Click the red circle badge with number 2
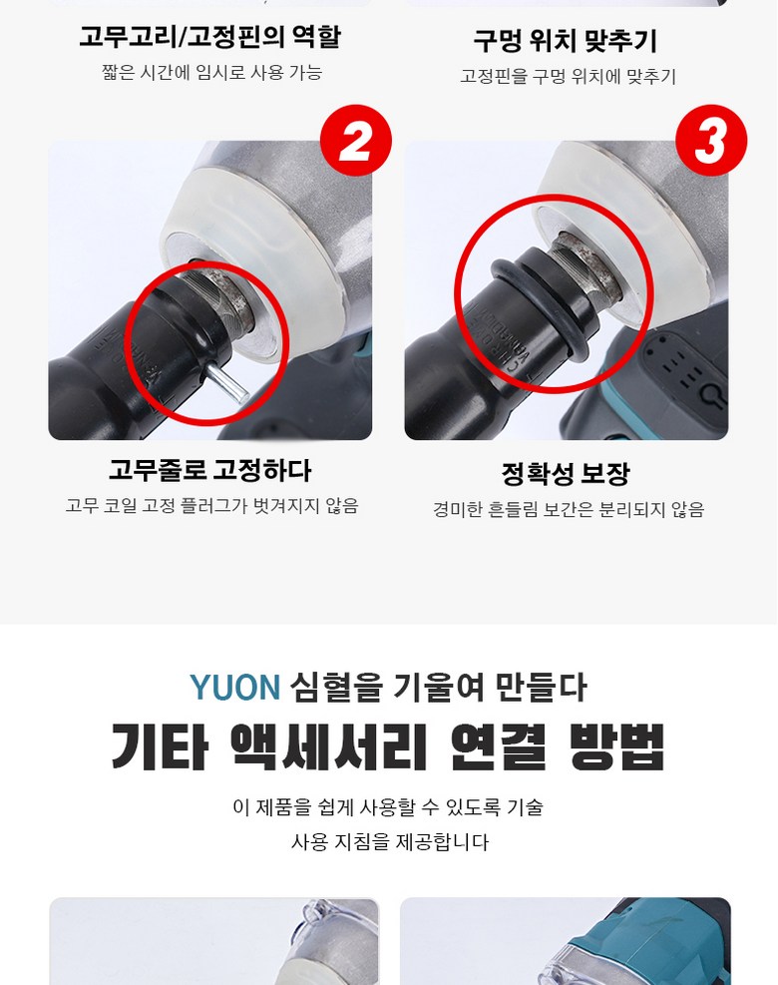tap(356, 141)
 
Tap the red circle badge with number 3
tap(711, 141)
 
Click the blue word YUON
tap(234, 688)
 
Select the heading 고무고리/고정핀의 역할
tap(209, 37)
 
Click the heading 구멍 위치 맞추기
tap(566, 41)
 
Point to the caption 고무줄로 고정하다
tap(209, 470)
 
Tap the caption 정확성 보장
tap(566, 474)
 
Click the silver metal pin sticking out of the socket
tap(226, 383)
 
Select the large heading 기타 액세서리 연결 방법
tap(387, 746)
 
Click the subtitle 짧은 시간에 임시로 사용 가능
tap(212, 73)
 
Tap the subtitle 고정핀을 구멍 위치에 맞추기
tap(568, 77)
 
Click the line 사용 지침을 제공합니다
tap(389, 841)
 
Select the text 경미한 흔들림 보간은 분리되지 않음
tap(569, 509)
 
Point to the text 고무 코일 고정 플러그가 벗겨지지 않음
tap(212, 506)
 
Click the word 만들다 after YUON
tap(541, 688)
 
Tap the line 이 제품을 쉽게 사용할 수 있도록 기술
tap(388, 807)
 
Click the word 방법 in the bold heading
tap(616, 746)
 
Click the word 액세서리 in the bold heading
tap(329, 746)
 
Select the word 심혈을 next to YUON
tap(336, 688)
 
